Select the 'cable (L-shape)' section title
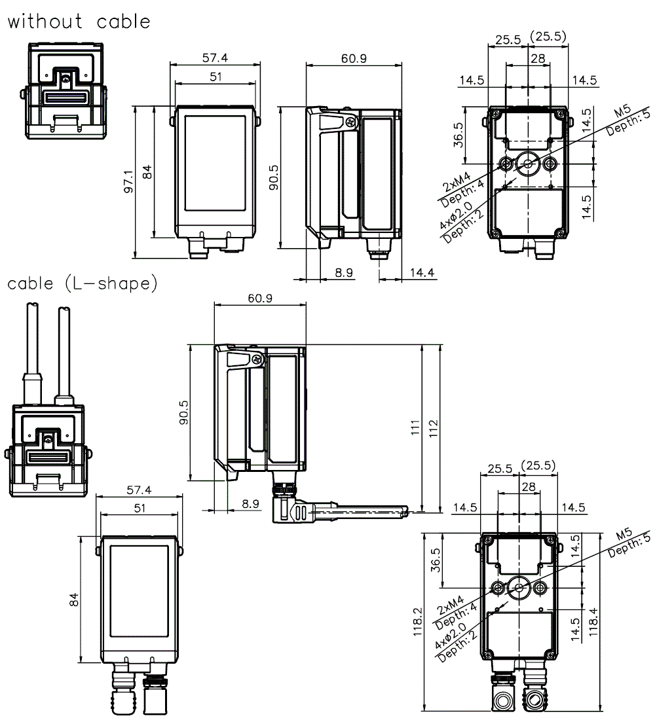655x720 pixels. [x=83, y=284]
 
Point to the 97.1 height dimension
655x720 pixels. [x=129, y=181]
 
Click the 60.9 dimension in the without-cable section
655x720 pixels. [x=354, y=58]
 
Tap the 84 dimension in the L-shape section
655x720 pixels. [x=74, y=598]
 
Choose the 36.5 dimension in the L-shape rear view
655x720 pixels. [x=436, y=560]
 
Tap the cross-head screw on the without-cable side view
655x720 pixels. [x=352, y=122]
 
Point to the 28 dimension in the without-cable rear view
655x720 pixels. [x=538, y=59]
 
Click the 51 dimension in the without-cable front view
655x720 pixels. [x=215, y=77]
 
